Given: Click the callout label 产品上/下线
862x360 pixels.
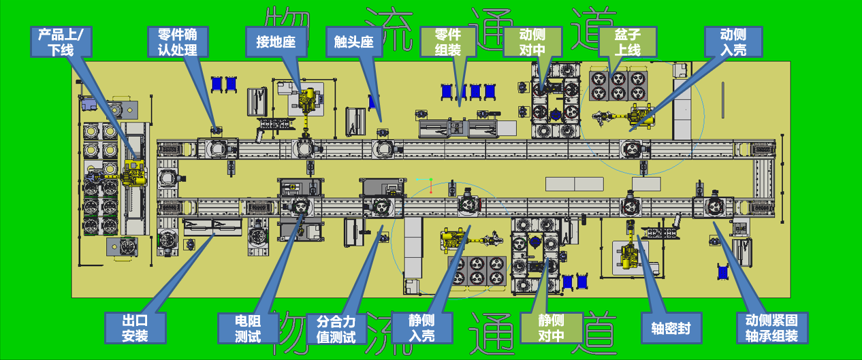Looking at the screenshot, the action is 61,42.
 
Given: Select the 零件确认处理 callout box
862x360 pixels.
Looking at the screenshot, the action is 178,42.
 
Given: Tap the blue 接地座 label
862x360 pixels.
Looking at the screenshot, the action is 276,42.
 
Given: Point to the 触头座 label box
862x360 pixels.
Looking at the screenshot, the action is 354,42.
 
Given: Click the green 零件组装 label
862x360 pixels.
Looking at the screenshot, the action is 448,42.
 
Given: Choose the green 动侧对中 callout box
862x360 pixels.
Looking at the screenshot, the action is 532,42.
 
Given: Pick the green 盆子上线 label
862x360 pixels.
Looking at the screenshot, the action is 628,42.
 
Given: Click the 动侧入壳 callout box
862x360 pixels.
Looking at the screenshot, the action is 733,42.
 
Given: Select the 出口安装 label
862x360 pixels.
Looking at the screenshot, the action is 135,328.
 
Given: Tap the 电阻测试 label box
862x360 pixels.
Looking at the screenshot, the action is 249,328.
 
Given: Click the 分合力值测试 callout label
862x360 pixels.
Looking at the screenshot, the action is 336,329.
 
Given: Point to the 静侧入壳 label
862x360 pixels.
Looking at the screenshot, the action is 422,328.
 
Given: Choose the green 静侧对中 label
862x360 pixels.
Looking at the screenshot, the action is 552,328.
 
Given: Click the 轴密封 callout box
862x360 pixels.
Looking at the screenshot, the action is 671,328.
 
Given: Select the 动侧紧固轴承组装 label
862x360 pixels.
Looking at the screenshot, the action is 772,328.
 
